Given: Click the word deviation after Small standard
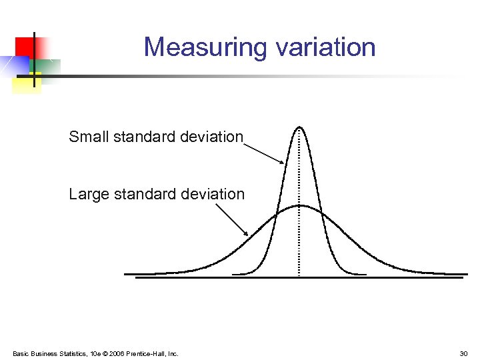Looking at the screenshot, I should click(211, 137).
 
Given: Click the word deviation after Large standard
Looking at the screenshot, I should click(213, 194).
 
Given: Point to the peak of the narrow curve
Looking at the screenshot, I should click(299, 127).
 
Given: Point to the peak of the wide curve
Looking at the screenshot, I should click(300, 205).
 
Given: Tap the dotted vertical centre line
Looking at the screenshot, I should click(299, 240).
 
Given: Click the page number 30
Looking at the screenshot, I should click(463, 353).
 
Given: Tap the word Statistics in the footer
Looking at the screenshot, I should click(75, 353).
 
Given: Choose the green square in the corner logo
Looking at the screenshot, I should click(48, 67).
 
